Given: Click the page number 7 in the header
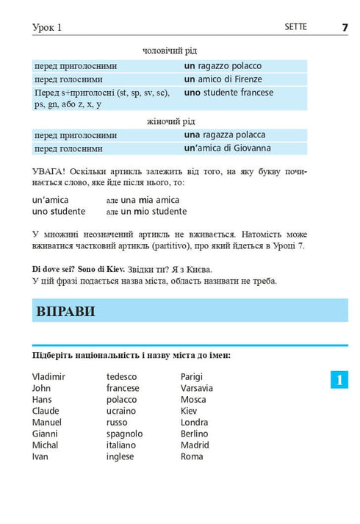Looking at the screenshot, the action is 344,27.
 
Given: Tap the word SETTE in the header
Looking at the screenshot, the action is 295,27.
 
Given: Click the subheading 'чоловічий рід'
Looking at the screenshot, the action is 169,51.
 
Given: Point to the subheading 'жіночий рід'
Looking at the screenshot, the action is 169,121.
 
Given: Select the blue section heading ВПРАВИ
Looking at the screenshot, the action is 65,311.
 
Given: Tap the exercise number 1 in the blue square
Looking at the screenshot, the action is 339,380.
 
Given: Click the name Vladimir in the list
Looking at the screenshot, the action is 48,377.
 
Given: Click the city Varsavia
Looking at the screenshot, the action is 197,388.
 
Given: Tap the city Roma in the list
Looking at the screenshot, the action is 192,456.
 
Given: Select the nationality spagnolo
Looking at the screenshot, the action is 125,434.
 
